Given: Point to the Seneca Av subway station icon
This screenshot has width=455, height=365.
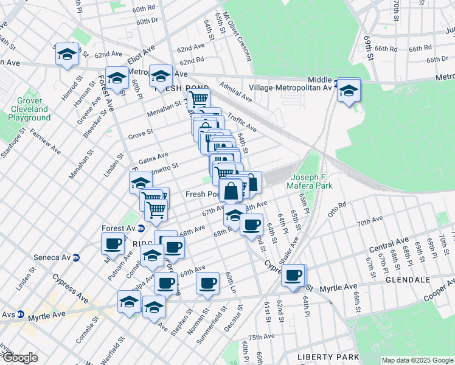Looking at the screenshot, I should (76, 257).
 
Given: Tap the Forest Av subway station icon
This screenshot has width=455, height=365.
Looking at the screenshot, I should (141, 229).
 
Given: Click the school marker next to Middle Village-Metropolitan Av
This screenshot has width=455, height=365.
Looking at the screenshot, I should (349, 91).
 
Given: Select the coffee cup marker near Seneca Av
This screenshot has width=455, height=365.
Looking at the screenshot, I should (113, 244).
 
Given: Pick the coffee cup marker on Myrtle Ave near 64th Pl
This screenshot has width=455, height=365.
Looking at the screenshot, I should (294, 275).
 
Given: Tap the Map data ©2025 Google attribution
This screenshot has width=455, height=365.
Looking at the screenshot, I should (417, 360).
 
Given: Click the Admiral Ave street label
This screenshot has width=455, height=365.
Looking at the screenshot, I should (236, 91).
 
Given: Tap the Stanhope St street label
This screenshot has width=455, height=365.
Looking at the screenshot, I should (13, 143).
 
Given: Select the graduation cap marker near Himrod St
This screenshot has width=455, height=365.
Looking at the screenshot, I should (66, 54).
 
